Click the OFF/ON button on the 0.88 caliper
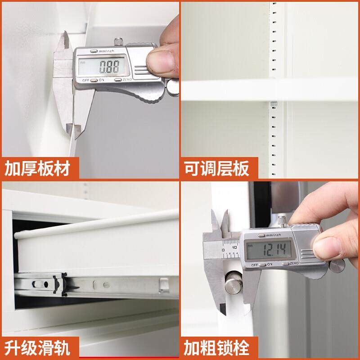tap(94, 80)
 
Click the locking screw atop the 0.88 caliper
tap(119, 41)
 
